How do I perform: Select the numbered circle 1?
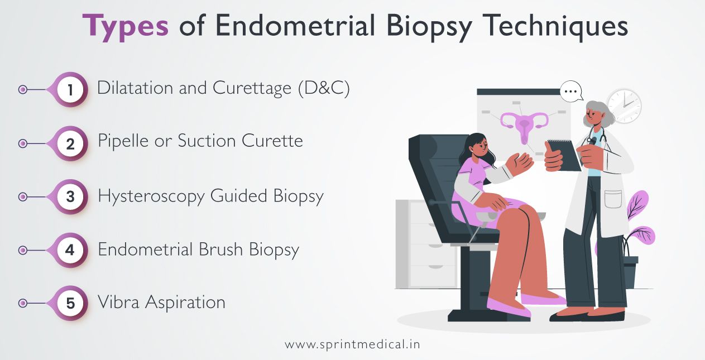70,90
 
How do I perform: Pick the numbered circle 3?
70,197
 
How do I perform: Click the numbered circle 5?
70,304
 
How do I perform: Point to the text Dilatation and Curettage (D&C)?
223,89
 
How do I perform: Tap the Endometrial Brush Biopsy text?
198,250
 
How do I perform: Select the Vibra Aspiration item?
161,303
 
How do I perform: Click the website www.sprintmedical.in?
352,344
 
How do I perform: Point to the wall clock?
624,105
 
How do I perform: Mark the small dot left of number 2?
23,143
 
